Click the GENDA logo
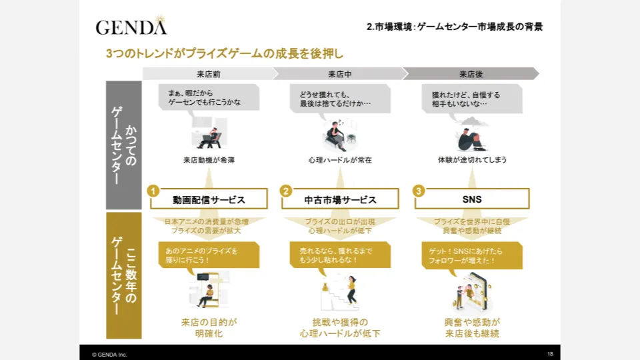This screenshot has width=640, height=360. coord(131,26)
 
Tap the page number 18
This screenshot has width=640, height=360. coord(550,354)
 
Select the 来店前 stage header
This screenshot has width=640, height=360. coord(209,74)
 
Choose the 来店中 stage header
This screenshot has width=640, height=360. coord(339,74)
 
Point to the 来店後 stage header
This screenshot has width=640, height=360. coord(471,74)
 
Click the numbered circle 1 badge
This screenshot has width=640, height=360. coord(153,191)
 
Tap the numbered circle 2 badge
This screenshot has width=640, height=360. coord(286,191)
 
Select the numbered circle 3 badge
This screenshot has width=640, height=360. coord(419,191)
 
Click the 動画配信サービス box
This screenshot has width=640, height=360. coord(209,199)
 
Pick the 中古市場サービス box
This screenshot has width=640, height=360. coord(340,199)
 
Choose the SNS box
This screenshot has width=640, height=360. coord(472,199)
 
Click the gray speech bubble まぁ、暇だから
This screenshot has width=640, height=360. coord(209,97)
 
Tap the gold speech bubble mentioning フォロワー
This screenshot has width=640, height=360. coord(472,255)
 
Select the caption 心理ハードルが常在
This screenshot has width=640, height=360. coord(340,160)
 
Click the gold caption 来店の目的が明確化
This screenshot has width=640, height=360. coord(209,328)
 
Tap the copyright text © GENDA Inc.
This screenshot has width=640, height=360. coord(109,355)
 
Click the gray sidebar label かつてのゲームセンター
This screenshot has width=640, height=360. coord(124,145)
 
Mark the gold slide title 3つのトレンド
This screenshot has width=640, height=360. coord(225,53)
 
